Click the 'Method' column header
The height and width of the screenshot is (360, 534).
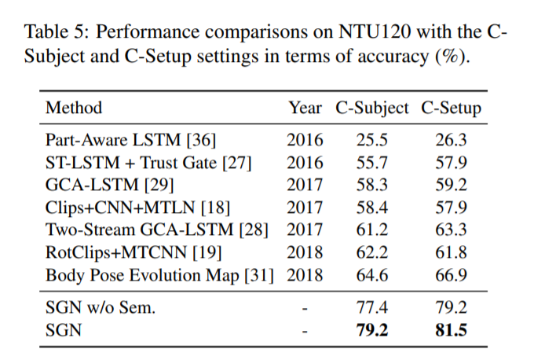[74, 108]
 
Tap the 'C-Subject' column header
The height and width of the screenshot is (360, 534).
[372, 108]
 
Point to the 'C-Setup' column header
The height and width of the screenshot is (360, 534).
[451, 108]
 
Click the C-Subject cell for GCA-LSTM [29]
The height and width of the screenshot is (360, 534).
[372, 186]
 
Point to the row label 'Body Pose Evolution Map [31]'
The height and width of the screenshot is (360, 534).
[163, 276]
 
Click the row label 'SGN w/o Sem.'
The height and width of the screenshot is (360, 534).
[101, 307]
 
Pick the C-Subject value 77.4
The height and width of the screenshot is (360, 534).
[372, 307]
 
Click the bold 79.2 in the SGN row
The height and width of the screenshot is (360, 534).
[372, 330]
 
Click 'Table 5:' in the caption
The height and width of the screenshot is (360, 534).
[53, 33]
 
